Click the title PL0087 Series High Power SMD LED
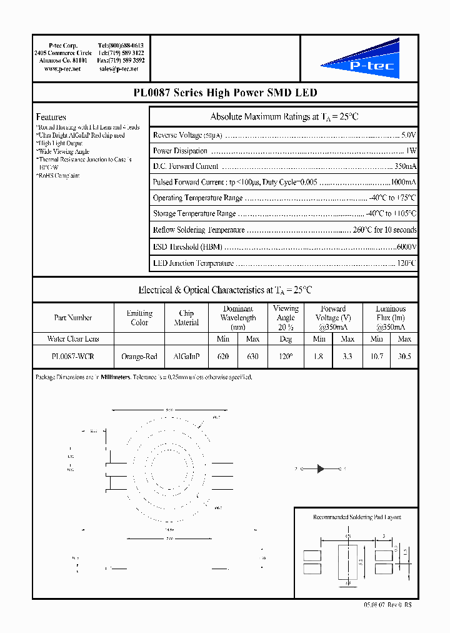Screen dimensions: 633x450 click(x=225, y=93)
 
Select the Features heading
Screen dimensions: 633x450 click(x=51, y=117)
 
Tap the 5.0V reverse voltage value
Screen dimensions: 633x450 click(x=408, y=135)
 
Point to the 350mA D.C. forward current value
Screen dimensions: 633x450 click(x=406, y=166)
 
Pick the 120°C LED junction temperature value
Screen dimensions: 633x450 click(x=406, y=263)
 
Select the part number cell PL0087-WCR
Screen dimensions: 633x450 click(x=73, y=356)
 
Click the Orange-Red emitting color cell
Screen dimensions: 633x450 click(x=139, y=356)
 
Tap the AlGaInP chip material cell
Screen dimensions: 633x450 click(x=186, y=356)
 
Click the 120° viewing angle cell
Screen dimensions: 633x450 click(x=286, y=356)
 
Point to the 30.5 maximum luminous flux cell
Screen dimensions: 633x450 click(x=404, y=356)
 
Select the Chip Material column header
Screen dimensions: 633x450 click(x=186, y=318)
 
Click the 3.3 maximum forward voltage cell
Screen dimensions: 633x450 click(x=347, y=356)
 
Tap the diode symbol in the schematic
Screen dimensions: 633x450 click(x=321, y=468)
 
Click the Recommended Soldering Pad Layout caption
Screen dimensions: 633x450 click(x=357, y=517)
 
